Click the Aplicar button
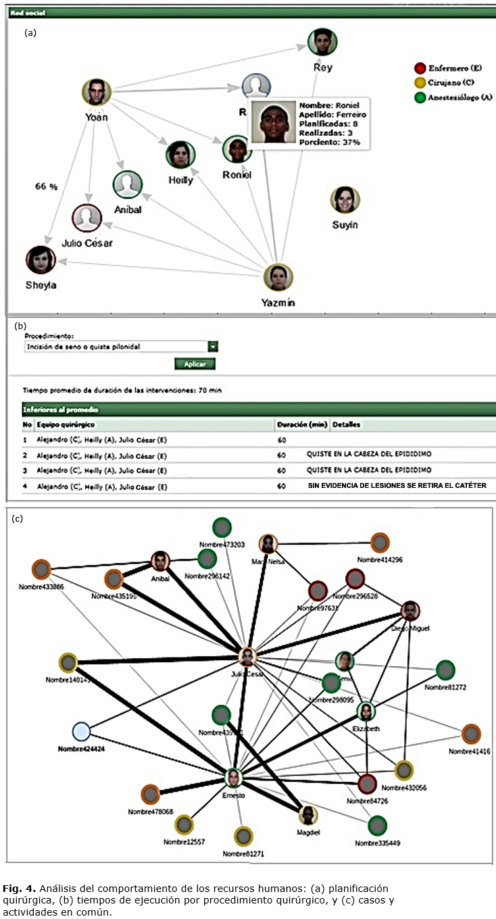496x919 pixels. (195, 364)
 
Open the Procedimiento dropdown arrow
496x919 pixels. (213, 347)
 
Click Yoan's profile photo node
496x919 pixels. (97, 92)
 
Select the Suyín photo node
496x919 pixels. (345, 199)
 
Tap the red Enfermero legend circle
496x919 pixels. (420, 68)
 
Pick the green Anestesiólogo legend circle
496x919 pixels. (420, 97)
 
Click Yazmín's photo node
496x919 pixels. (277, 277)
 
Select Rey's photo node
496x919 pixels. (322, 43)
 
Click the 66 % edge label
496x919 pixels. (45, 187)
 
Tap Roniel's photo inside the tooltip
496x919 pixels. (272, 122)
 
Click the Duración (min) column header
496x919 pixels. (301, 425)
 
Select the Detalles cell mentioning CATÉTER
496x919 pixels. (397, 485)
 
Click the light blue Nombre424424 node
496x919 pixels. (81, 731)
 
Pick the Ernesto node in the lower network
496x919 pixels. (234, 778)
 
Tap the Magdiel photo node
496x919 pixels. (308, 815)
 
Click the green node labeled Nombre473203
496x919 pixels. (222, 527)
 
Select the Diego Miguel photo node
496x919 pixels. (410, 611)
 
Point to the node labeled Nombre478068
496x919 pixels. (150, 795)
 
